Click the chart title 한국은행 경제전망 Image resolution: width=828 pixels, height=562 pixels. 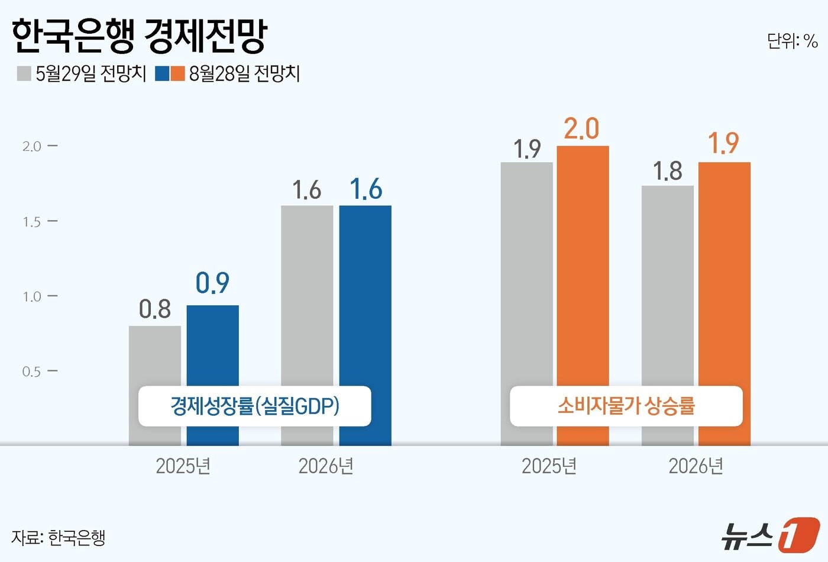pos(140,36)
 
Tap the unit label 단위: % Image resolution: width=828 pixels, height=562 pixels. pos(792,41)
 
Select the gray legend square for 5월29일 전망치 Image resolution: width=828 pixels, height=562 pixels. pos(24,73)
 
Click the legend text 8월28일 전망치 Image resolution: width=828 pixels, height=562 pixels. pos(244,73)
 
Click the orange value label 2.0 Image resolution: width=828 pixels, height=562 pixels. pos(581,129)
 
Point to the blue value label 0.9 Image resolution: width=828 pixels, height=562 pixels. pos(212,283)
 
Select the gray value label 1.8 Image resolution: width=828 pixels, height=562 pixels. pos(667,172)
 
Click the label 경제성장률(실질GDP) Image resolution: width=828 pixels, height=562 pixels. pos(254,406)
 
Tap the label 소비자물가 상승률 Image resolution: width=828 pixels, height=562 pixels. pos(626,406)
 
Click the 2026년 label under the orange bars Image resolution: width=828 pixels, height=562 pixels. pos(696,466)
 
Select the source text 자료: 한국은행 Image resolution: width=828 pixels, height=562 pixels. pos(58,537)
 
